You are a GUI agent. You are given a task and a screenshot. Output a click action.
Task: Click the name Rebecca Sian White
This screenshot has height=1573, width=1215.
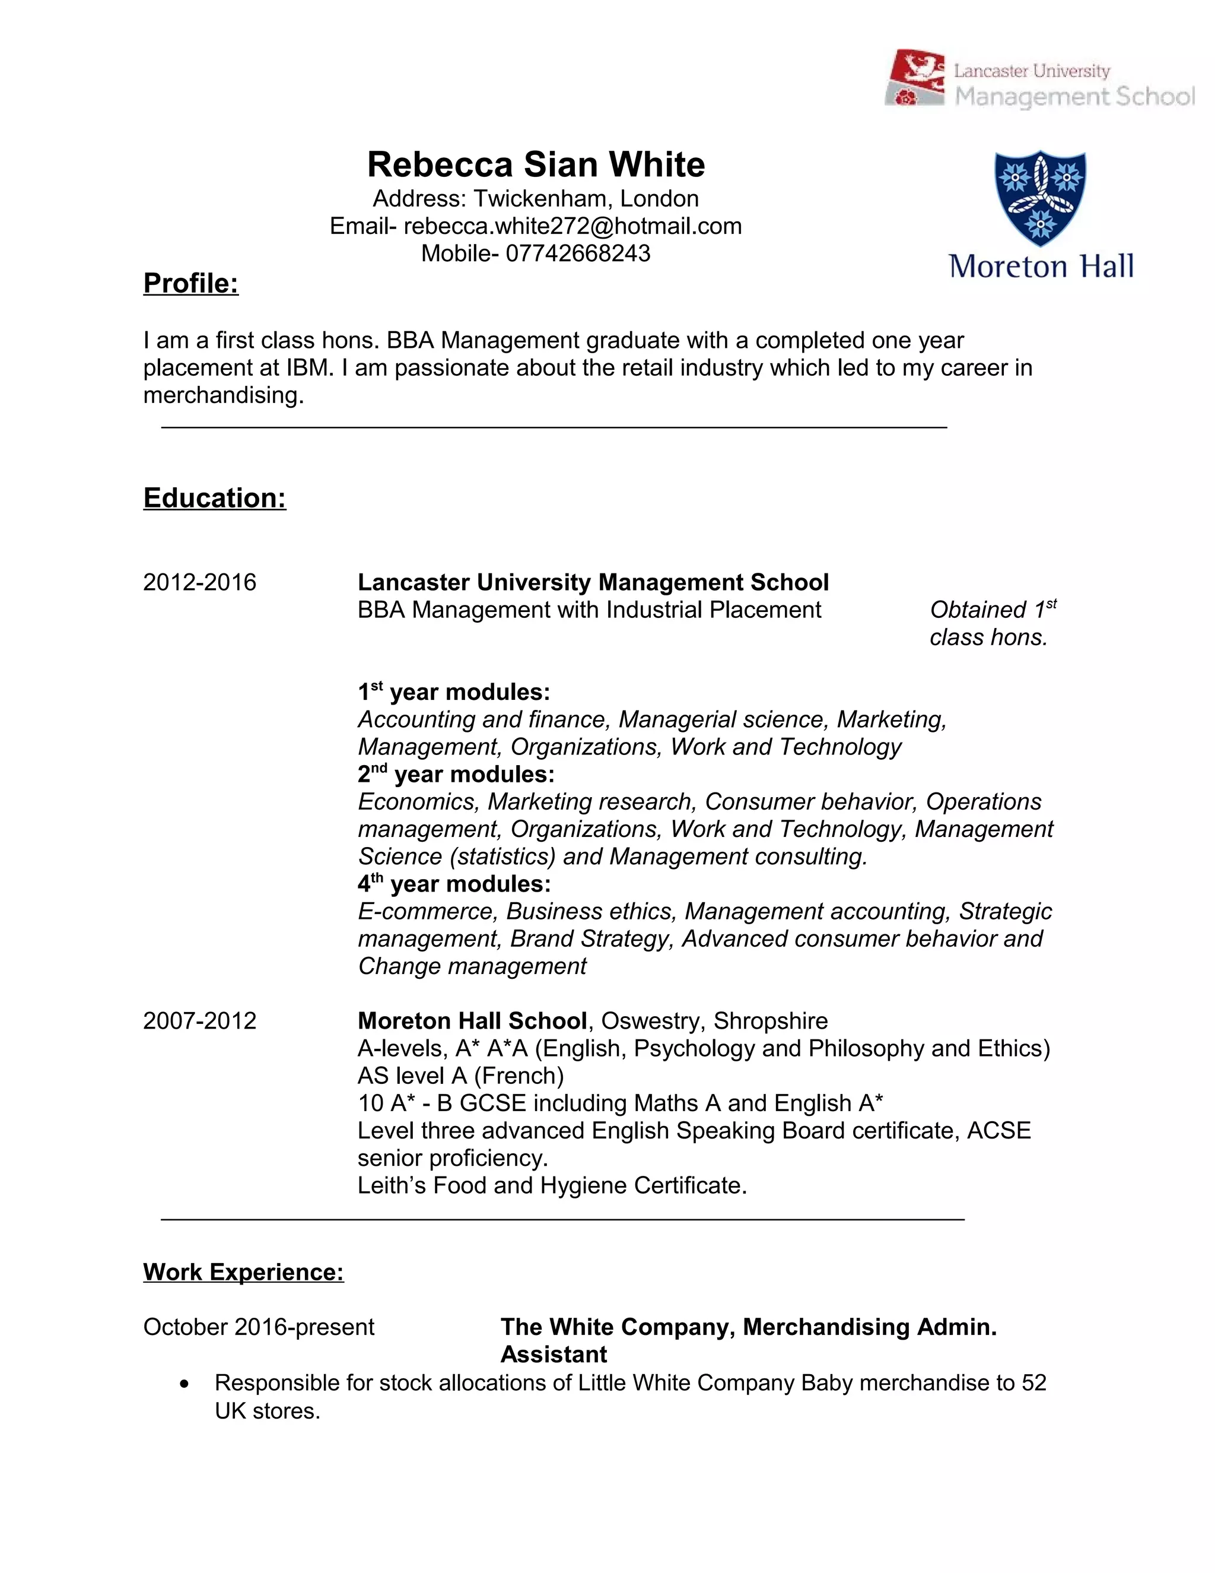click(x=536, y=164)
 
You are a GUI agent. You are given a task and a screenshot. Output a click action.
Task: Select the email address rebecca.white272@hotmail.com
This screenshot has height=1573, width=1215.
click(x=572, y=226)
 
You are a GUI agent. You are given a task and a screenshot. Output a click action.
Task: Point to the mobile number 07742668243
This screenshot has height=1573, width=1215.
click(x=577, y=253)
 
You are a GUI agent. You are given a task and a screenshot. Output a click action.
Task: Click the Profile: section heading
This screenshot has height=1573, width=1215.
click(x=191, y=283)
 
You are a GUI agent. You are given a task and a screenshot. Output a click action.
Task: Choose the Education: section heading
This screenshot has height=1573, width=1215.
click(x=215, y=497)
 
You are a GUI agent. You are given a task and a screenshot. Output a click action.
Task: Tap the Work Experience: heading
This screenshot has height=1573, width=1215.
click(x=243, y=1272)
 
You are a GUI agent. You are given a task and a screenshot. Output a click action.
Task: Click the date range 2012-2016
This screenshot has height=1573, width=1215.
click(x=199, y=582)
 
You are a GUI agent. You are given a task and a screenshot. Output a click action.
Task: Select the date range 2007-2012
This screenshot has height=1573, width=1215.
click(x=199, y=1020)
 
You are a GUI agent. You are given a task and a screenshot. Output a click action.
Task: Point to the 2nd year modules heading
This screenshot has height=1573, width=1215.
click(x=456, y=774)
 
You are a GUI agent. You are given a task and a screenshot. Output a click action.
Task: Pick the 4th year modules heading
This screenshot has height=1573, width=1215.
click(x=453, y=884)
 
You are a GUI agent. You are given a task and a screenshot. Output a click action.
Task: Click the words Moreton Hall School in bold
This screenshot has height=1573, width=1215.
click(x=472, y=1020)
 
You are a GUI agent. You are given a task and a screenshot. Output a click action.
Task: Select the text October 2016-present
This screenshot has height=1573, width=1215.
click(x=259, y=1327)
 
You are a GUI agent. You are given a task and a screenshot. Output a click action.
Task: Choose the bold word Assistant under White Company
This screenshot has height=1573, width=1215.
click(x=554, y=1354)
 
